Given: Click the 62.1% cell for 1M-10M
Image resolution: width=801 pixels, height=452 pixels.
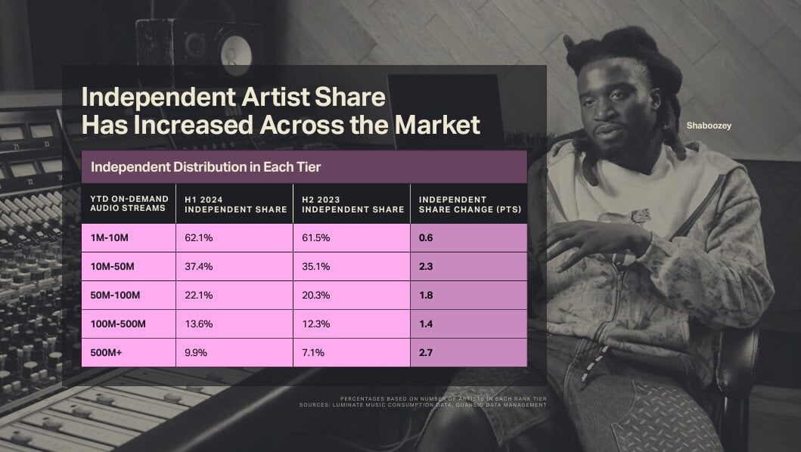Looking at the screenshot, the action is [199, 238].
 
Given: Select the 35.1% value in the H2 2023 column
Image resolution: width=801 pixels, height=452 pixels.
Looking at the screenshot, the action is [315, 267].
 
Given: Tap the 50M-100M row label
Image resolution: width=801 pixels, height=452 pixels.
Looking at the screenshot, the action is [115, 296].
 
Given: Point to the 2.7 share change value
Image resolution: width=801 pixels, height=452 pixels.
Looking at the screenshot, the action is [426, 352].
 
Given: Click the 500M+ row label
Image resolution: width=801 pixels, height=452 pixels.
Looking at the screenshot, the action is [106, 352].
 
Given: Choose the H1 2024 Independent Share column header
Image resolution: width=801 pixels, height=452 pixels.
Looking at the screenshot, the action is [235, 204].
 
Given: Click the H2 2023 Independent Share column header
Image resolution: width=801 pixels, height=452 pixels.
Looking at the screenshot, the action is [353, 204].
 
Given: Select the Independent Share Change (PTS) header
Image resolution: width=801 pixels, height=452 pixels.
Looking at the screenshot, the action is [470, 204].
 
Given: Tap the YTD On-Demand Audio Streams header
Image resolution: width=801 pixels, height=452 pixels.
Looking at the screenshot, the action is [129, 203].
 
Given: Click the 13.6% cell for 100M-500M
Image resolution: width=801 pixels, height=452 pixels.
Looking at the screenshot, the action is [199, 324].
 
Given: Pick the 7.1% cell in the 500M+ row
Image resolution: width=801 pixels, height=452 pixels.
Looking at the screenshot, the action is [313, 352].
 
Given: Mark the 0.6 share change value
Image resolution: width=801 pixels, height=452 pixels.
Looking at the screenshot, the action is [426, 238].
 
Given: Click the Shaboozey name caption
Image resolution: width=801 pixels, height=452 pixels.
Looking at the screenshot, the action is [709, 125].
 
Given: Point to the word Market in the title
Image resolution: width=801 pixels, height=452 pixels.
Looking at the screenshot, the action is [437, 125].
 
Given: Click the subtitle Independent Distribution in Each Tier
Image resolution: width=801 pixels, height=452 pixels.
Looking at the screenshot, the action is [206, 167].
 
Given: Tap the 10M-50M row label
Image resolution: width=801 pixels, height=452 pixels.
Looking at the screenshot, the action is [113, 267].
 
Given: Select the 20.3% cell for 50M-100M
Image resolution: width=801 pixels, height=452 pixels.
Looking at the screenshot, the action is [315, 296].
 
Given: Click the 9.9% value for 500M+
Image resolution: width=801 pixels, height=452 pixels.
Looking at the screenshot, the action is [196, 352].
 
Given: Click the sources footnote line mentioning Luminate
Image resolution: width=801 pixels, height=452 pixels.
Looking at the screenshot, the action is [423, 405].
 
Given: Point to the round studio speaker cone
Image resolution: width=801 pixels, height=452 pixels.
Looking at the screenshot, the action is [235, 53].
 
